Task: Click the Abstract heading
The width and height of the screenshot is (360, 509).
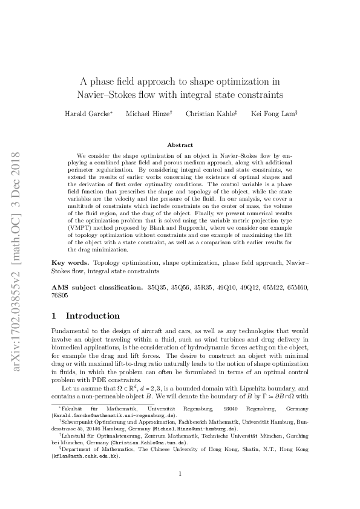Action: coord(180,145)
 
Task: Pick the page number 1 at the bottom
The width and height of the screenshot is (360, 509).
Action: coord(180,490)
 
